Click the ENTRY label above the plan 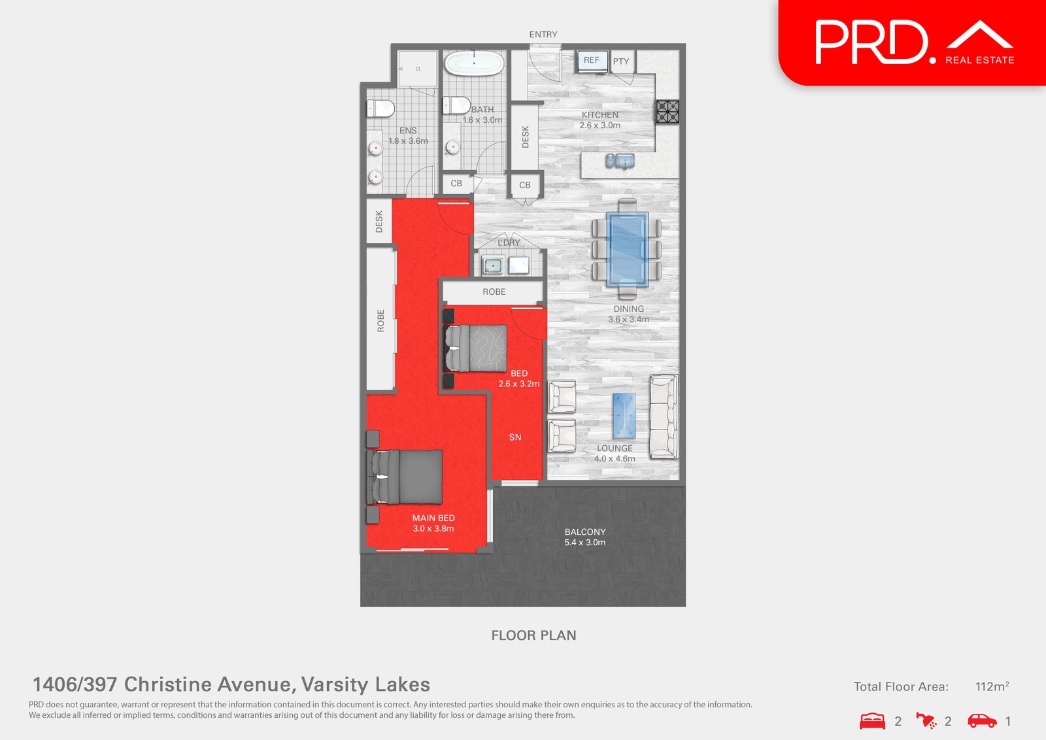[543, 35]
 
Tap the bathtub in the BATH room [474, 63]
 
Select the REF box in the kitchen [592, 60]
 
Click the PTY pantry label [621, 61]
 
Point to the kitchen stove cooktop [667, 112]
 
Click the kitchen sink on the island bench [620, 160]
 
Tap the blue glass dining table [627, 249]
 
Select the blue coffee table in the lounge [624, 416]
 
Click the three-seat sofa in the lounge [664, 416]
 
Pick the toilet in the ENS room [380, 108]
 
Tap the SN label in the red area [515, 437]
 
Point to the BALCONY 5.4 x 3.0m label [585, 537]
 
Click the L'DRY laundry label [509, 243]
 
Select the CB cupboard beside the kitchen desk [525, 185]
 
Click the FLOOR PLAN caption [533, 635]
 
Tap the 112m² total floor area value [992, 686]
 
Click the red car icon [982, 721]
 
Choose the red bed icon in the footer [872, 721]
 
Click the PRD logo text [871, 42]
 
